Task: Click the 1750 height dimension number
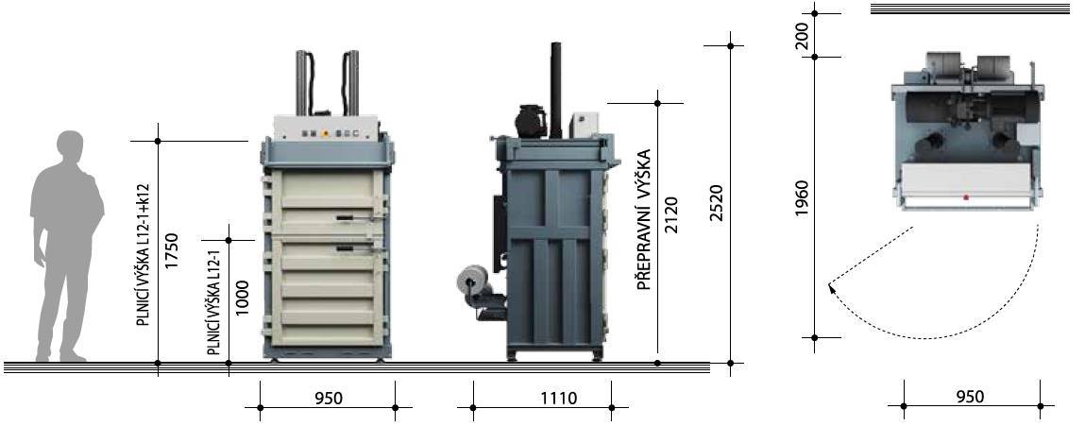[x=172, y=250]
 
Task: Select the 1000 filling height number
[x=242, y=298]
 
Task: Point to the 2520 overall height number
[x=716, y=203]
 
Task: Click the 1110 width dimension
[x=559, y=399]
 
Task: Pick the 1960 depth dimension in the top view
[x=802, y=198]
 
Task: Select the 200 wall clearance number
[x=802, y=38]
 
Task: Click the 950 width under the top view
[x=970, y=397]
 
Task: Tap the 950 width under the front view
[x=329, y=399]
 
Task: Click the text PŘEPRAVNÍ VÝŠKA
[x=643, y=219]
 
